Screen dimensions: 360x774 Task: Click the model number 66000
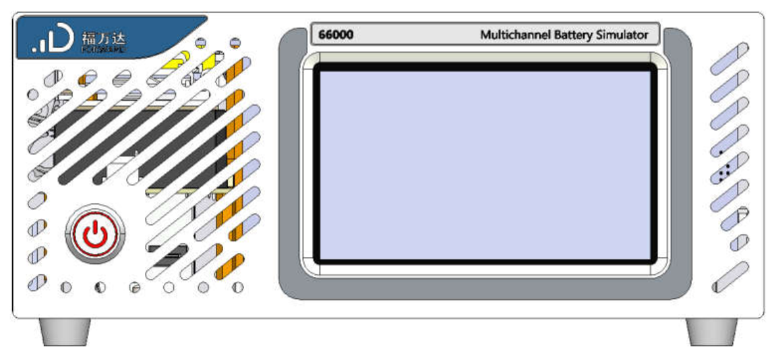pyautogui.click(x=336, y=35)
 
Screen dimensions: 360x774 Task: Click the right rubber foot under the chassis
pyautogui.click(x=711, y=332)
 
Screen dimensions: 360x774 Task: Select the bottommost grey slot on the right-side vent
pyautogui.click(x=730, y=276)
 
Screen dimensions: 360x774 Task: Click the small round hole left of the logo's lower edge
pyautogui.click(x=32, y=94)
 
